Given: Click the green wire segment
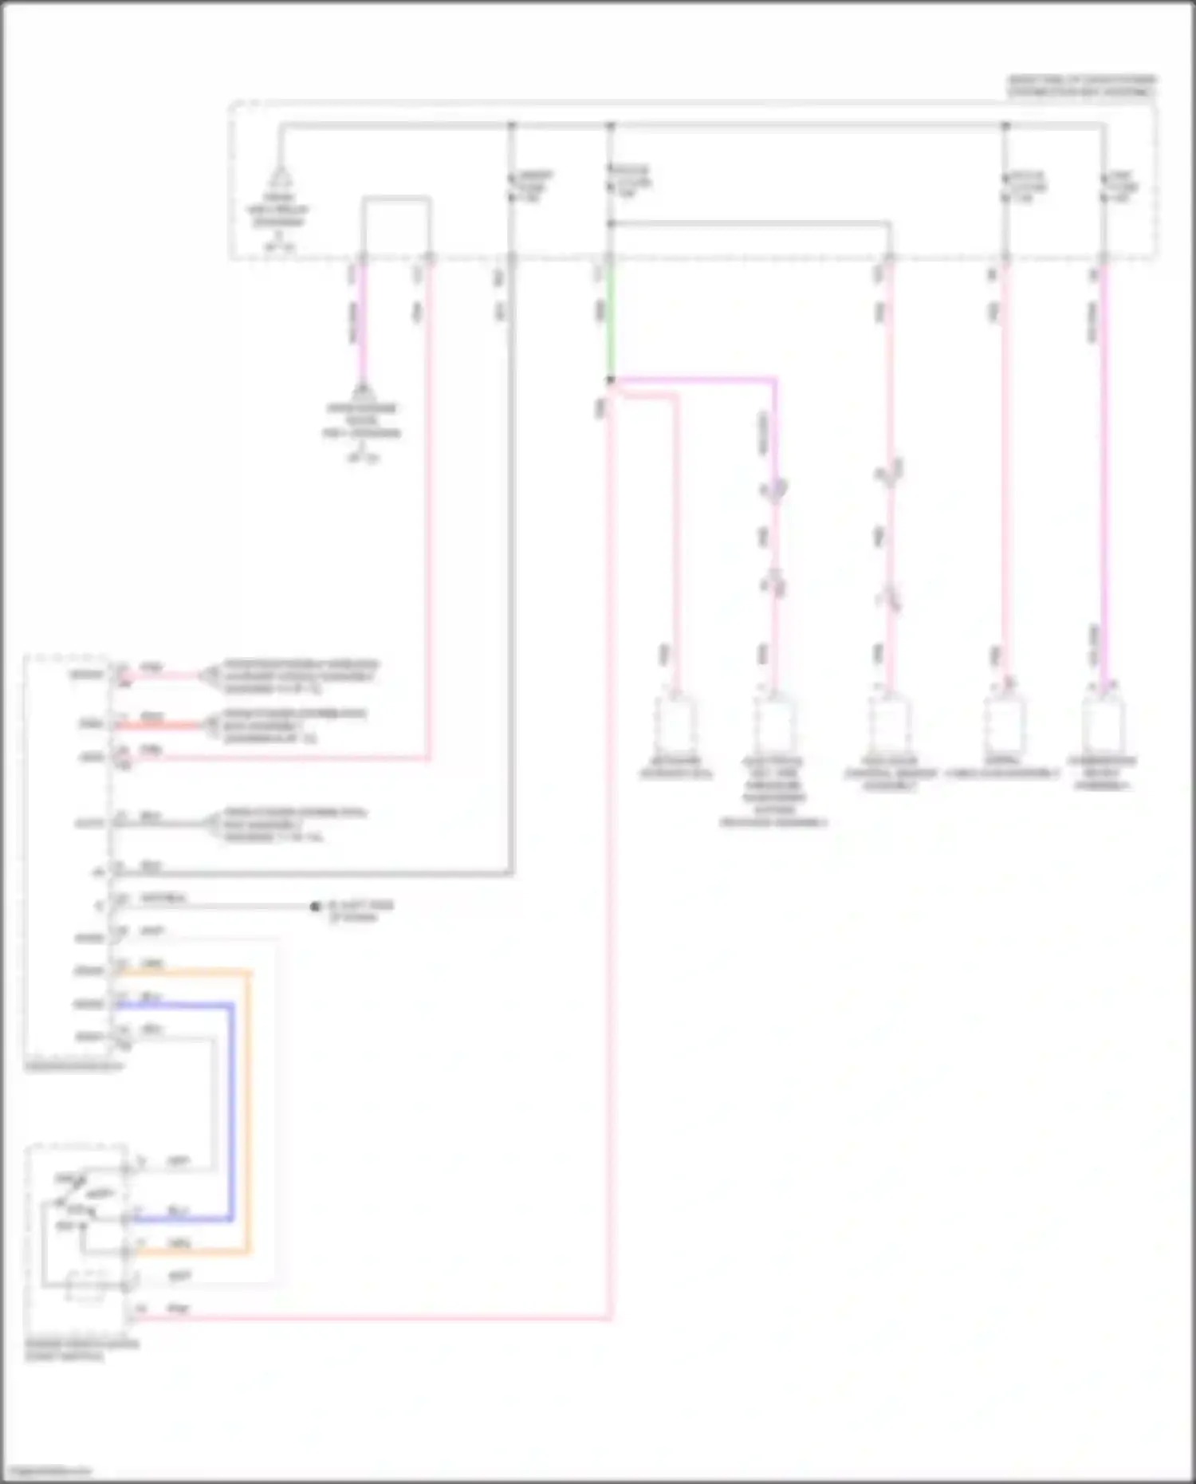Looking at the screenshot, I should click(x=610, y=319).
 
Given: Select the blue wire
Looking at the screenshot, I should click(x=232, y=1116).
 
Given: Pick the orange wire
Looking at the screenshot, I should click(x=249, y=1116).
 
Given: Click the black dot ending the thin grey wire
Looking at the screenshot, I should click(x=315, y=907).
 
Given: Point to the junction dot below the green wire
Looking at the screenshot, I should click(x=611, y=380).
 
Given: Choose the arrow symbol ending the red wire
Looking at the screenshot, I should click(x=209, y=725).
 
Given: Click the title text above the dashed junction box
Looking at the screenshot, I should click(x=1081, y=86).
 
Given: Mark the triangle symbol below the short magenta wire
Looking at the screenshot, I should click(x=363, y=392).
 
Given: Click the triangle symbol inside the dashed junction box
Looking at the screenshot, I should click(x=280, y=176).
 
